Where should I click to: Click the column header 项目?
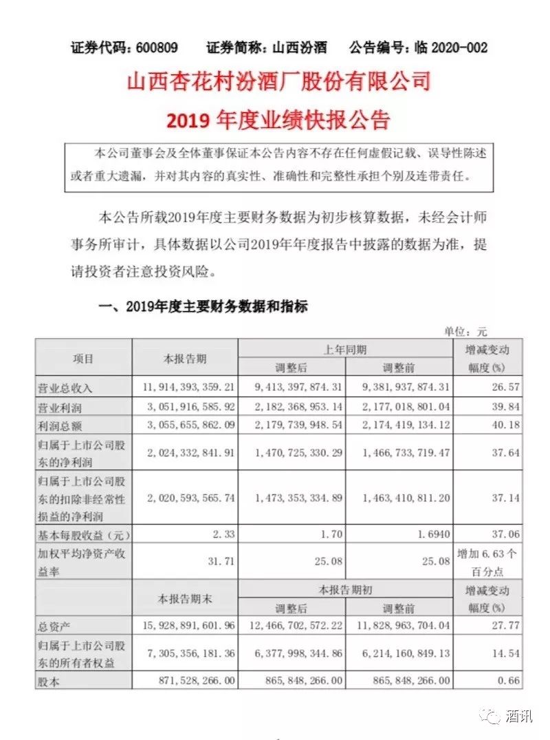click(x=83, y=359)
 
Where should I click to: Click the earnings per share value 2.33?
click(x=224, y=533)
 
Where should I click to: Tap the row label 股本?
click(x=50, y=680)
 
